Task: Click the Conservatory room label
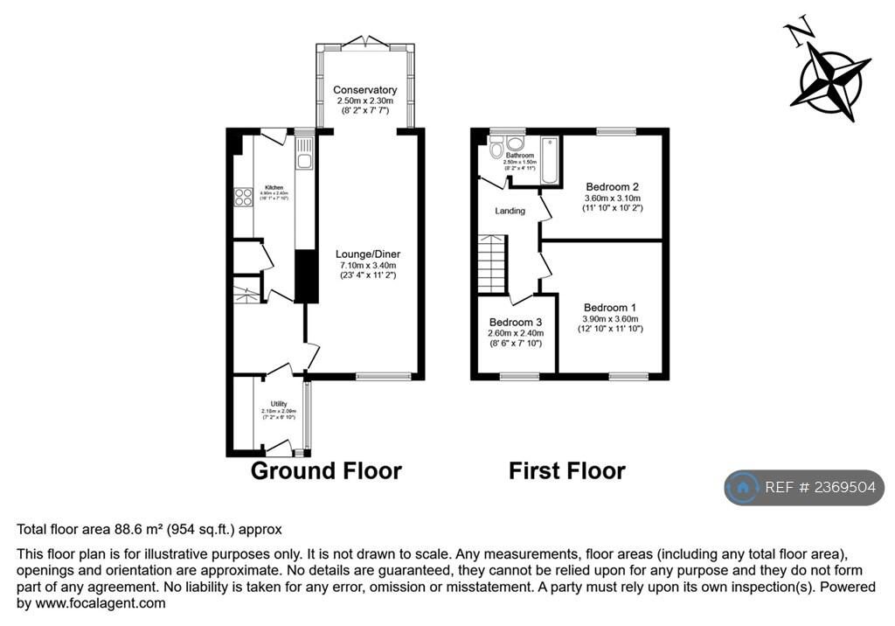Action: tap(364, 90)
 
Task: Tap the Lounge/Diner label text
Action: tap(367, 254)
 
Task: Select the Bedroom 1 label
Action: tap(610, 308)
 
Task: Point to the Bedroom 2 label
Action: tap(612, 187)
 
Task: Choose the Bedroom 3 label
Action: tap(516, 322)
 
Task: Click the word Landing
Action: tap(510, 211)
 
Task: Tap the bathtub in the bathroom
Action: tap(550, 160)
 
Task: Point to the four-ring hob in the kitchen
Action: tap(243, 198)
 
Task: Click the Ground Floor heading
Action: tap(326, 471)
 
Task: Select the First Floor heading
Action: tap(567, 471)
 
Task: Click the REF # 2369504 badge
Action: tap(804, 488)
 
